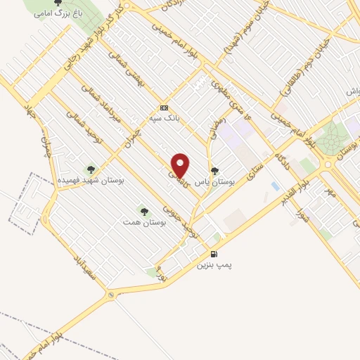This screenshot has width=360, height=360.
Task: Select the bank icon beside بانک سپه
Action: pos(164,108)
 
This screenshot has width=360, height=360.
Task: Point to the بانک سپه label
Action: pos(165,118)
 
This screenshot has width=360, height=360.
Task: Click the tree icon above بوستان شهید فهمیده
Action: pos(90,169)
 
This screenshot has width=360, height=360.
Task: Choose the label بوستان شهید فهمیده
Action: pos(89,181)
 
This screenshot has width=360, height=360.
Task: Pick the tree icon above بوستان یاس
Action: pos(214,171)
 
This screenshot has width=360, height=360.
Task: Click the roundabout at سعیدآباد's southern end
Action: pos(111,295)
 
